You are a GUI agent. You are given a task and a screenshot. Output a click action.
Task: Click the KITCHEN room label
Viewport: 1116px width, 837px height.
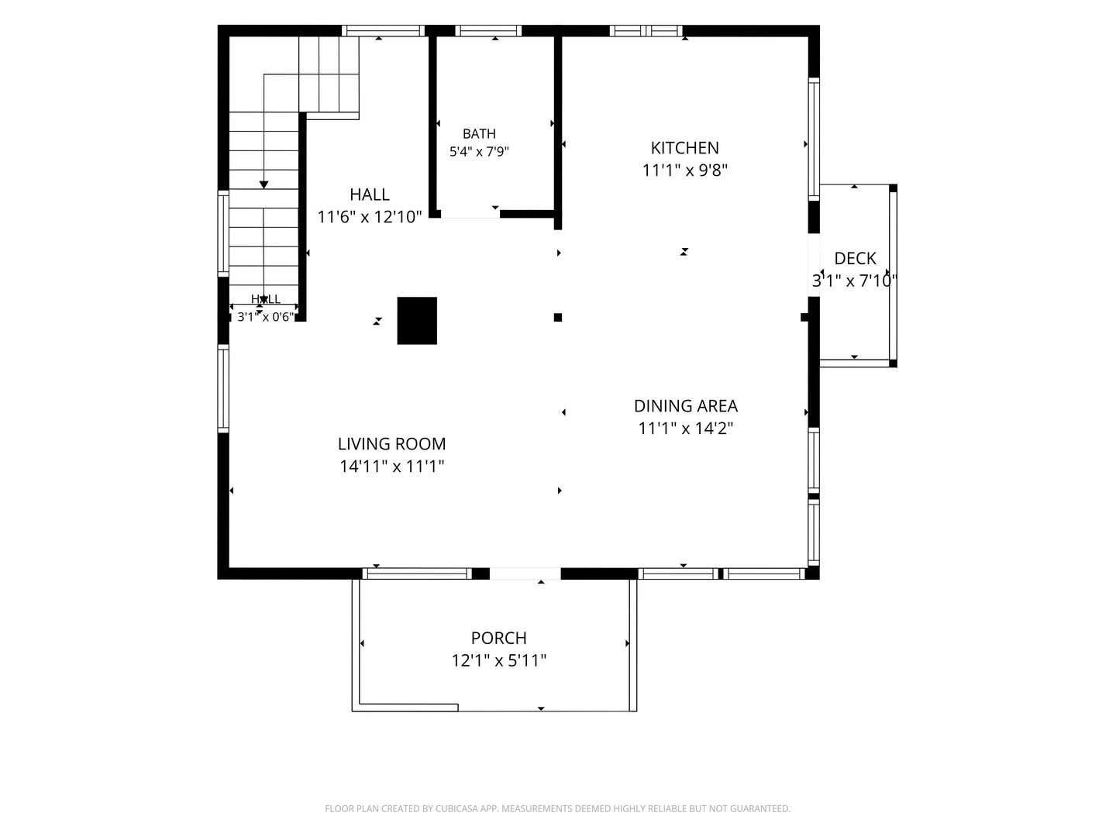click(684, 148)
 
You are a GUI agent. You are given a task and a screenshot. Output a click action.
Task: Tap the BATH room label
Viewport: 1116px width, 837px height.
click(479, 133)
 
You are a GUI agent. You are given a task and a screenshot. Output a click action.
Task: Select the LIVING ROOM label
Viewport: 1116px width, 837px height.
click(391, 443)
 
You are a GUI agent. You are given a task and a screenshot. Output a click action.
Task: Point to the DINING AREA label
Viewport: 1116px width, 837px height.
click(685, 405)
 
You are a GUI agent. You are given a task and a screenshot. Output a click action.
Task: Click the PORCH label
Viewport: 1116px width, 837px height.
click(498, 637)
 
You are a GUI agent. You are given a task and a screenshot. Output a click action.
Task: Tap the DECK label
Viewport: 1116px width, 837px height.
click(855, 258)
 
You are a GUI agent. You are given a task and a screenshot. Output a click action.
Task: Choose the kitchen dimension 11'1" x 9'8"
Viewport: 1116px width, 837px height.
click(684, 170)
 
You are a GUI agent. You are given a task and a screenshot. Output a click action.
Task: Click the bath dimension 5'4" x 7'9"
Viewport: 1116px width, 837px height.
click(479, 151)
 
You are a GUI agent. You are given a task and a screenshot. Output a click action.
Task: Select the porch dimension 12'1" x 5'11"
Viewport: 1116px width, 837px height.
click(498, 660)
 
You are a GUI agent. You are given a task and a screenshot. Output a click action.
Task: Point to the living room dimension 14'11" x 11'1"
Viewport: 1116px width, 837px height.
click(391, 466)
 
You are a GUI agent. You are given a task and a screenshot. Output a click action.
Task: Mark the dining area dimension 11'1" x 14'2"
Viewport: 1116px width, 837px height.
click(685, 428)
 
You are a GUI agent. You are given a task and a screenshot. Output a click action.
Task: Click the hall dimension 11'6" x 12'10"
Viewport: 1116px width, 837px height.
click(370, 217)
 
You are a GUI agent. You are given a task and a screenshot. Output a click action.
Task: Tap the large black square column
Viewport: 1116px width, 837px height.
click(417, 321)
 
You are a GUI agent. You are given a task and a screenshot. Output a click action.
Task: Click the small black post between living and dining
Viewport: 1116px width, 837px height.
click(558, 317)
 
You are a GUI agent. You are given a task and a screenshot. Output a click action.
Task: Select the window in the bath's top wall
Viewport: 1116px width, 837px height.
click(488, 30)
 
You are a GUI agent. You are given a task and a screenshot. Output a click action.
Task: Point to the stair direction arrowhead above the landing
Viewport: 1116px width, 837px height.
click(263, 185)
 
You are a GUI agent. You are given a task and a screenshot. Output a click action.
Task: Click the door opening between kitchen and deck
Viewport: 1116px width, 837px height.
click(814, 265)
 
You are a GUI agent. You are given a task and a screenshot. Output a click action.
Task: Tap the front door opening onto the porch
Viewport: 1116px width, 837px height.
click(525, 573)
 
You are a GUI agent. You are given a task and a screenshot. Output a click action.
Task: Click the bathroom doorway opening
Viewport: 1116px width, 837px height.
click(470, 215)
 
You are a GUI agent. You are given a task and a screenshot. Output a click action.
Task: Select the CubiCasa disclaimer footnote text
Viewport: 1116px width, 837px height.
click(558, 808)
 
